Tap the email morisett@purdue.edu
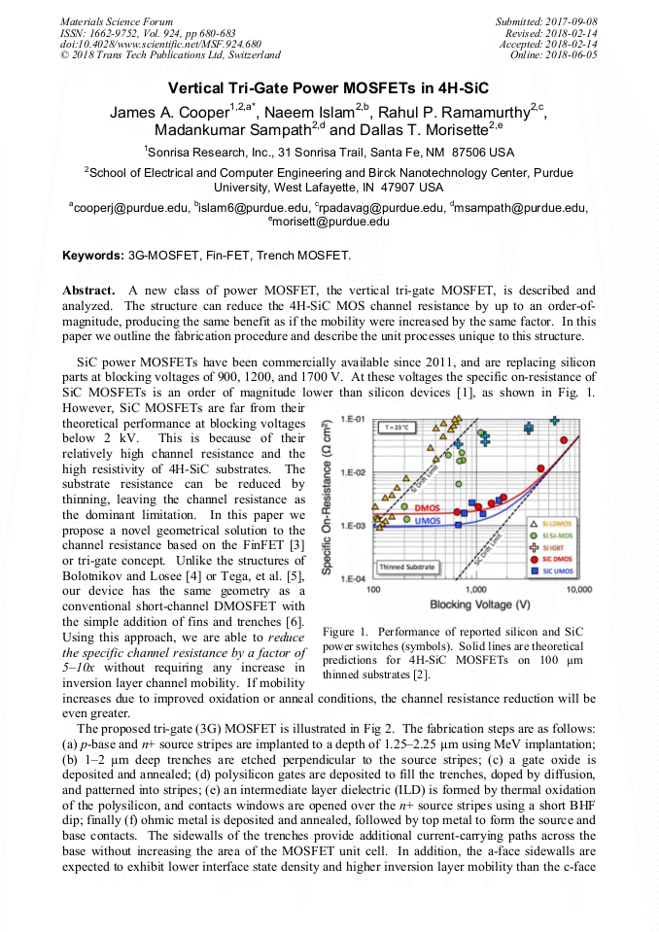point(331,222)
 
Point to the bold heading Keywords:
point(93,256)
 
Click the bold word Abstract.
point(90,290)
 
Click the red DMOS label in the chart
point(427,508)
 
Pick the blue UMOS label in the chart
point(427,522)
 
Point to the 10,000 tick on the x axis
point(579,589)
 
